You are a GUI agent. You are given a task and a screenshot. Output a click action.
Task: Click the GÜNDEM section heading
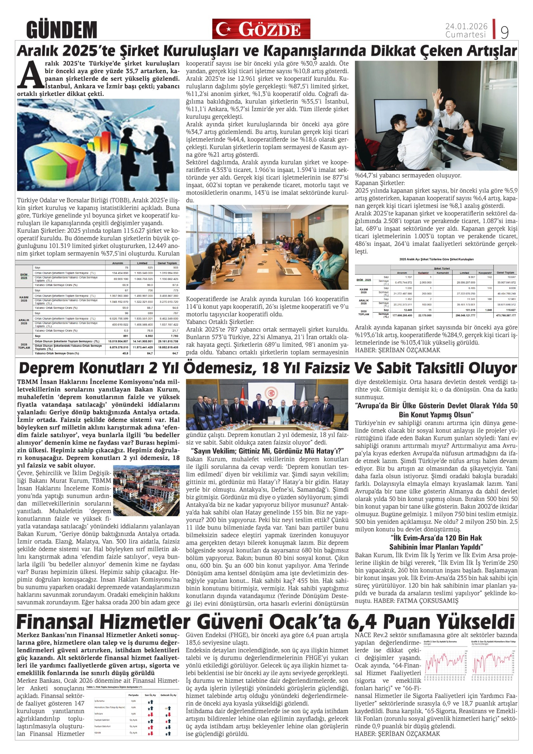point(61,29)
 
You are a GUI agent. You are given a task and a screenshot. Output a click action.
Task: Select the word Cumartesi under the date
point(465,35)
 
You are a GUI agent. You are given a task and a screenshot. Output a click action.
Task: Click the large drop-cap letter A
point(30,75)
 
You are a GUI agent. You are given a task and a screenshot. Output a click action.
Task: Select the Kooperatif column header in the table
point(484,273)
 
